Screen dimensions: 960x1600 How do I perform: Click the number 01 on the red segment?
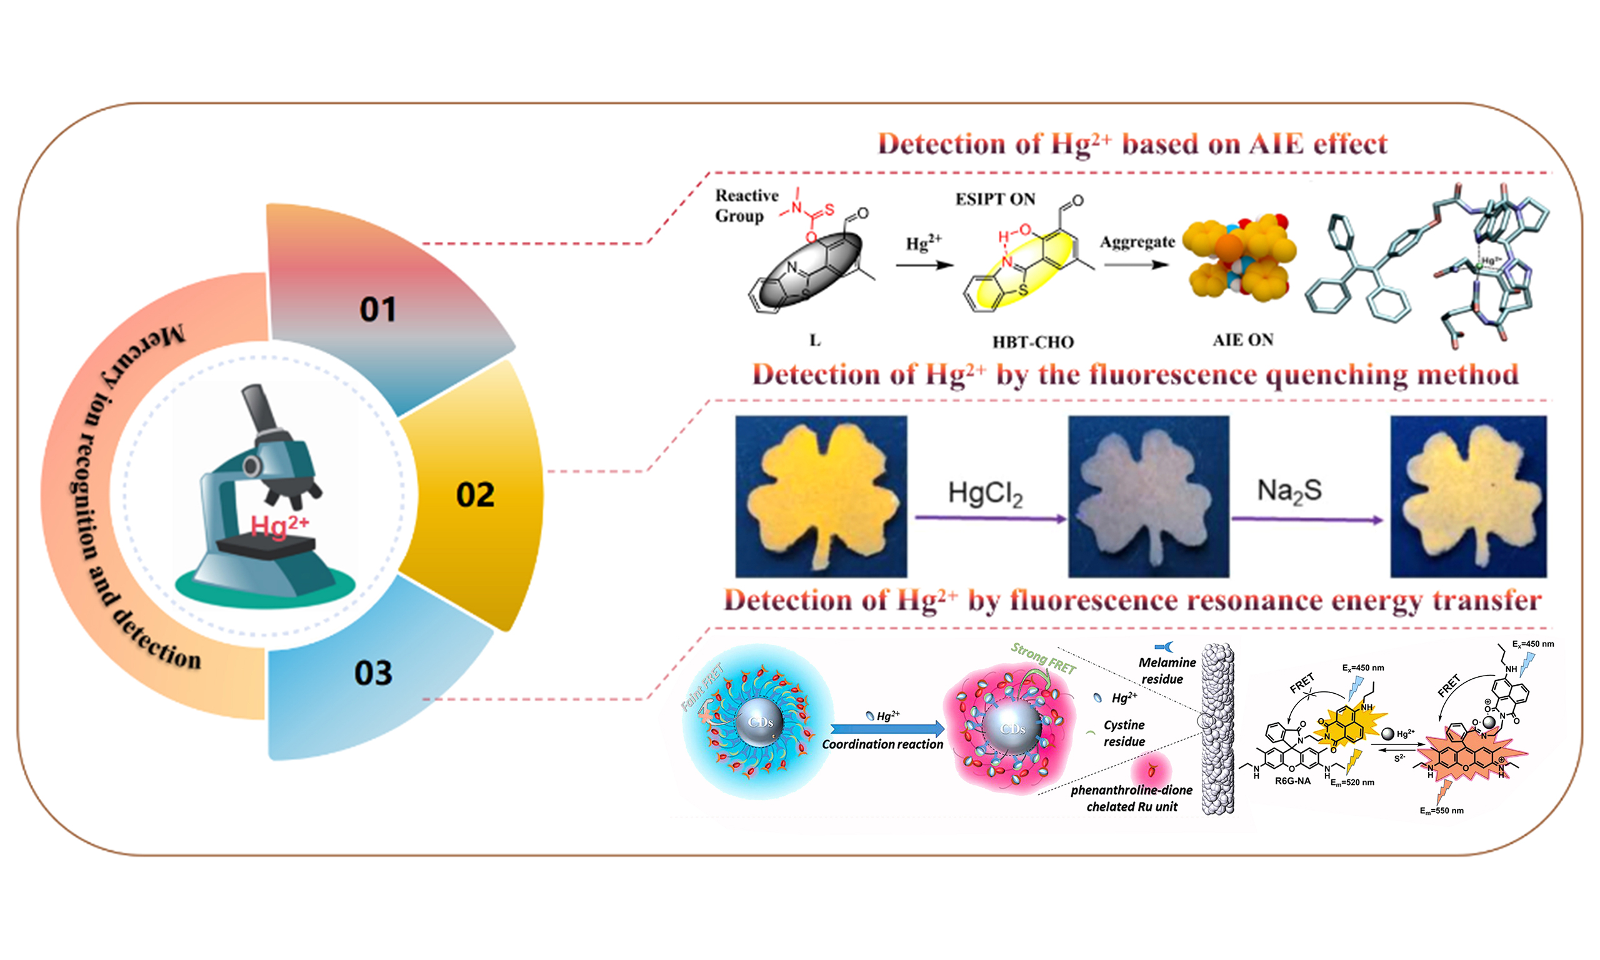377,309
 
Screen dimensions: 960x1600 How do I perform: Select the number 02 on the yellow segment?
476,495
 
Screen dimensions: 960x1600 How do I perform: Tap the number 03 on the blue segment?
373,673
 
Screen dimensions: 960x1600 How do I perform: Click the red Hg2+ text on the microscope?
279,524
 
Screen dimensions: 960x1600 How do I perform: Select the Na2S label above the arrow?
1289,491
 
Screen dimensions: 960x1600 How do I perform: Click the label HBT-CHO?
1033,342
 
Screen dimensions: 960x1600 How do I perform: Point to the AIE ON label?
1242,340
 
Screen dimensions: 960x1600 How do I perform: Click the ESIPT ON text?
995,199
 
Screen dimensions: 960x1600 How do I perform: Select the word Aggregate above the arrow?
1137,242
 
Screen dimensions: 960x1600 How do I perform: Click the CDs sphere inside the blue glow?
760,722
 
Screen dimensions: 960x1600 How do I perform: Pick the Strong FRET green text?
1042,657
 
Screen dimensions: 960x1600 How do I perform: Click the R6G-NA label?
1292,781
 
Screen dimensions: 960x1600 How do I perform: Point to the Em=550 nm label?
1441,811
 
